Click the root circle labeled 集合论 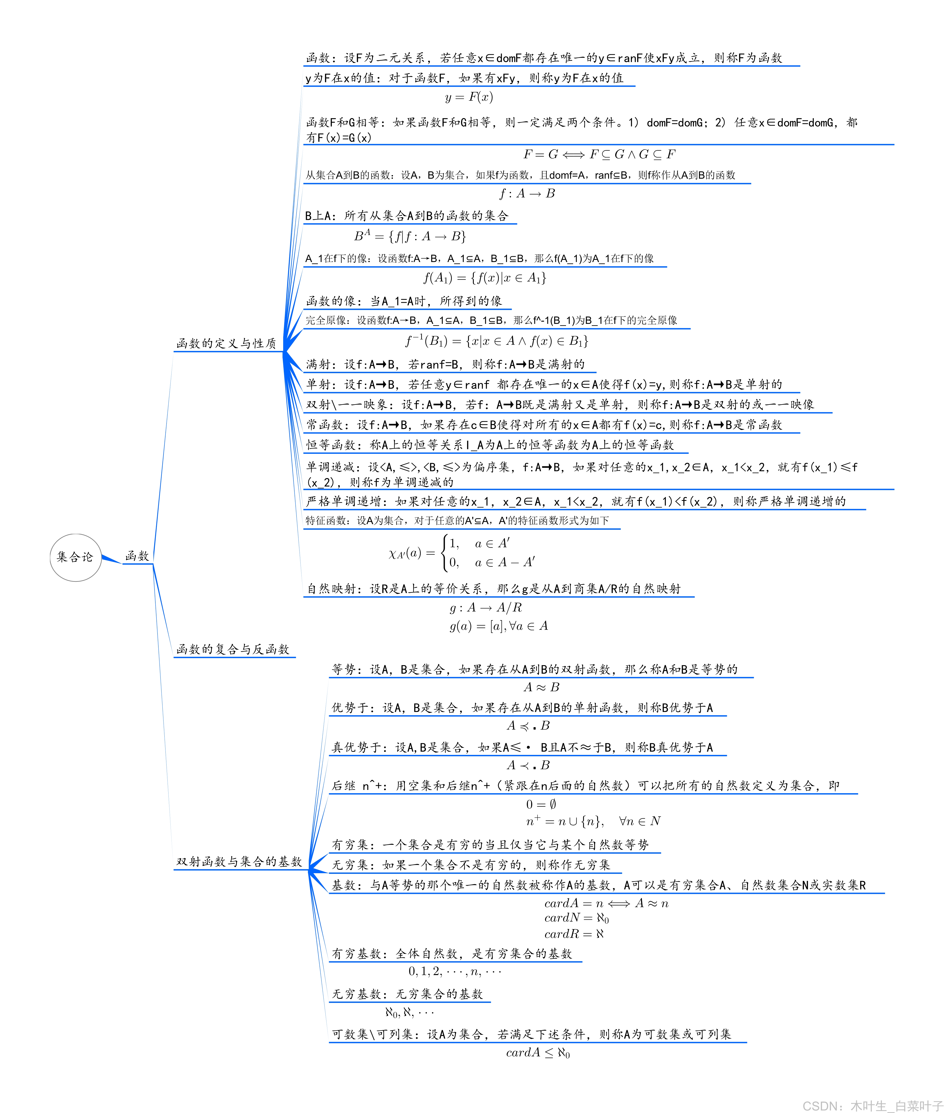76,557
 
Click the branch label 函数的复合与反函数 233,649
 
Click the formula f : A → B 527,194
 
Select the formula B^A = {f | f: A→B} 410,236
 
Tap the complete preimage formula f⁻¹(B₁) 497,341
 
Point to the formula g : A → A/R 485,608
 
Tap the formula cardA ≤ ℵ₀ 538,1053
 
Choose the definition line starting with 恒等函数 490,445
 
